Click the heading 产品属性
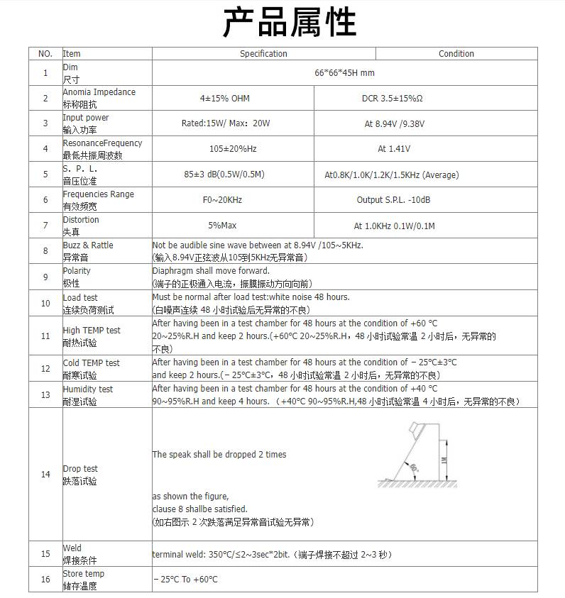pos(289,23)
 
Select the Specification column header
pos(263,54)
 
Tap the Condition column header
pos(456,54)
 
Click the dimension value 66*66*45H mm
pos(344,73)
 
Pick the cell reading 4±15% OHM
pos(224,99)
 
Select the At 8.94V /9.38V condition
pos(394,124)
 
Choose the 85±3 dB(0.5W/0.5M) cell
pos(224,175)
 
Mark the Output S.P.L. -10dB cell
pos(393,200)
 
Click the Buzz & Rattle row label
pos(87,251)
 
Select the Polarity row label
pos(77,277)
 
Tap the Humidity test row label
pos(87,395)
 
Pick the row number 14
pos(45,475)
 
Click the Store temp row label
pos(83,580)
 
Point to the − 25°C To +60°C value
pos(185,580)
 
